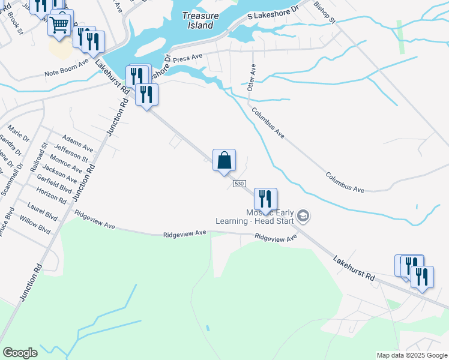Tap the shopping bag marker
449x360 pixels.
224,161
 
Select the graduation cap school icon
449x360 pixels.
304,215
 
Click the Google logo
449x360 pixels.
20,353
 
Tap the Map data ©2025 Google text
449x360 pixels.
411,355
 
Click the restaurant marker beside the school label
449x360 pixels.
265,199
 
